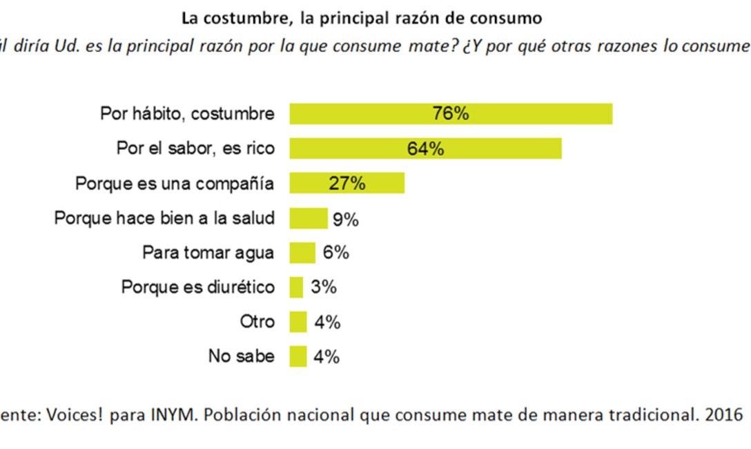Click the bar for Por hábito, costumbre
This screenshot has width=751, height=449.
pyautogui.click(x=451, y=114)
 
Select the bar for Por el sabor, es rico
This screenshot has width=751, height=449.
pyautogui.click(x=425, y=149)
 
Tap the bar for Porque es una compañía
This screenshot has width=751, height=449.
pyautogui.click(x=347, y=183)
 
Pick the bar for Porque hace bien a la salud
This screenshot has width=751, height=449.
pyautogui.click(x=309, y=218)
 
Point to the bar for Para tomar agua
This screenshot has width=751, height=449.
pyautogui.click(x=302, y=253)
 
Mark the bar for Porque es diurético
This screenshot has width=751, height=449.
pyautogui.click(x=296, y=287)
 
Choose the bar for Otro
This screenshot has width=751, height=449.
pyautogui.click(x=298, y=322)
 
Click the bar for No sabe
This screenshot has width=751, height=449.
pyautogui.click(x=298, y=356)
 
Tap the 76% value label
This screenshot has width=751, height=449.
pyautogui.click(x=451, y=114)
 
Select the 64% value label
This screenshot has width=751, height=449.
pyautogui.click(x=425, y=149)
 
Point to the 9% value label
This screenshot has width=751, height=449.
pyautogui.click(x=345, y=220)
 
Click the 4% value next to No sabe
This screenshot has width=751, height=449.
pyautogui.click(x=326, y=357)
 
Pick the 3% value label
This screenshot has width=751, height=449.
pyautogui.click(x=323, y=287)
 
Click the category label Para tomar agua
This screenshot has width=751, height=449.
pyautogui.click(x=208, y=253)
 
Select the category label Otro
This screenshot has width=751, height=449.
pyautogui.click(x=257, y=322)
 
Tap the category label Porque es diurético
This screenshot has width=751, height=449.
pyautogui.click(x=197, y=287)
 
